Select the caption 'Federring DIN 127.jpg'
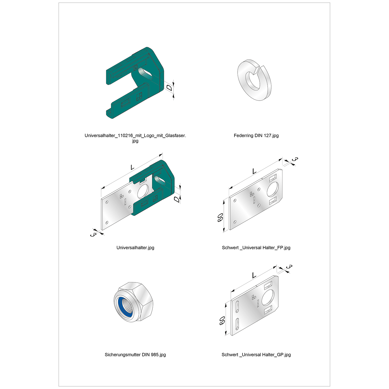coord(256,135)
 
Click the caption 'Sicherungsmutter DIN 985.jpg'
coord(135,355)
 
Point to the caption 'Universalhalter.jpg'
coord(135,248)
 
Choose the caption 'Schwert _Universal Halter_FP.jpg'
coord(256,248)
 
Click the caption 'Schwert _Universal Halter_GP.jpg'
coord(256,355)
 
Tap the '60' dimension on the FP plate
coord(220,217)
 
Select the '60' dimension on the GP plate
coord(222,321)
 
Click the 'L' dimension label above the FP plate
coord(254,171)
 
